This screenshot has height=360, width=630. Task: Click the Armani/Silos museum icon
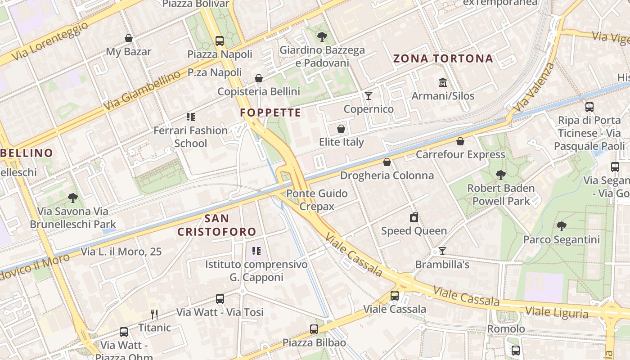(x=442, y=83)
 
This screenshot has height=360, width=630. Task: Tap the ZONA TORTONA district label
(x=443, y=58)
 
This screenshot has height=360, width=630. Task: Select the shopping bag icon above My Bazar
(x=129, y=39)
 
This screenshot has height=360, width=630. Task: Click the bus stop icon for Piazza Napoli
(x=220, y=41)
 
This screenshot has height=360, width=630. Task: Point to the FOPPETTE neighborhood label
(x=270, y=112)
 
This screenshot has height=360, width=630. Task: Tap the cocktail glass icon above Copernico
(x=369, y=95)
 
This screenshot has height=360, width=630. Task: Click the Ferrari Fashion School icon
(x=191, y=117)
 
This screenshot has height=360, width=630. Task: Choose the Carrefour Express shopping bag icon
(x=460, y=141)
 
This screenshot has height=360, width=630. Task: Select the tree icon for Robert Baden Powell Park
(x=500, y=175)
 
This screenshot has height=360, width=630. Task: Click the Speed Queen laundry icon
(x=414, y=218)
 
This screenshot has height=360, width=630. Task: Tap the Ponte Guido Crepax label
(x=317, y=200)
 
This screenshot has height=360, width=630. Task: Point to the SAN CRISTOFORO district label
(x=217, y=225)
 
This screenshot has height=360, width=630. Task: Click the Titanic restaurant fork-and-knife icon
(x=154, y=314)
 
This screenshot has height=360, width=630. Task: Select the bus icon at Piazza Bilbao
(x=314, y=329)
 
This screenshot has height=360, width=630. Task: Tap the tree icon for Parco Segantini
(x=561, y=226)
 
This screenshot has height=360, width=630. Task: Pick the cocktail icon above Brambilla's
(x=442, y=251)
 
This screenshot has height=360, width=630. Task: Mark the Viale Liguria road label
(x=557, y=312)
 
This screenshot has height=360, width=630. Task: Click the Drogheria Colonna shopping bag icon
(x=387, y=162)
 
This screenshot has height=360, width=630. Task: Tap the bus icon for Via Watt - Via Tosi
(x=220, y=299)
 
